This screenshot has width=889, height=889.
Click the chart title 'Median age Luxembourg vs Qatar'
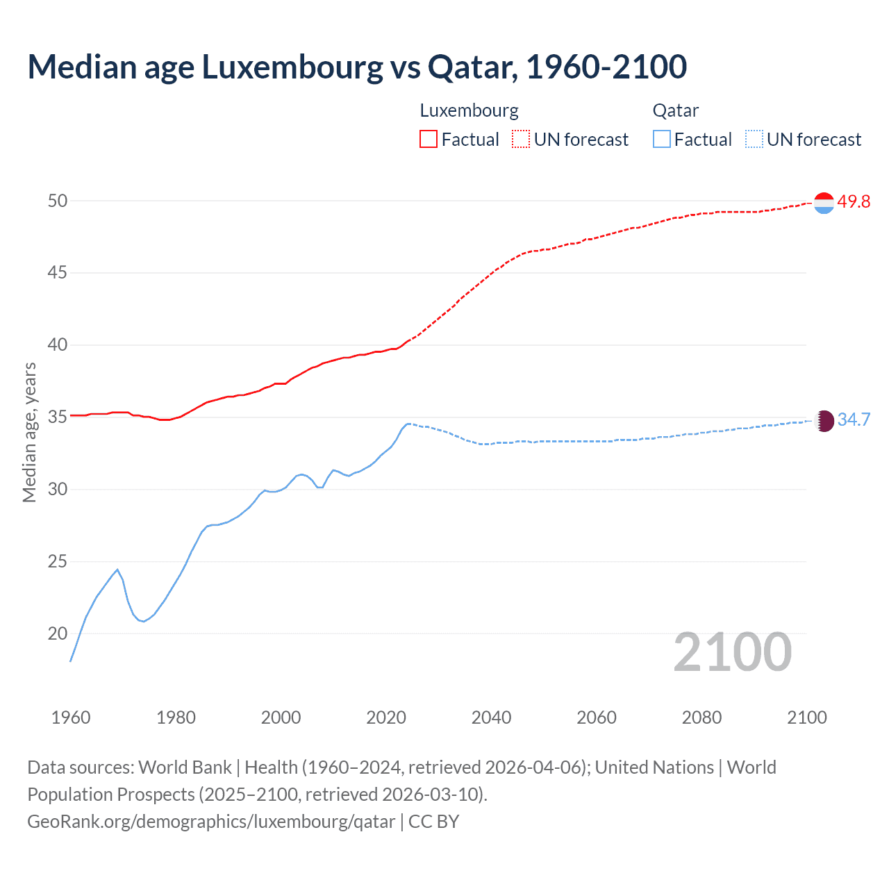tap(357, 67)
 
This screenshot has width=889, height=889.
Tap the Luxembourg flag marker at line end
tap(823, 203)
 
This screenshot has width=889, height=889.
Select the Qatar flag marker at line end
tap(823, 421)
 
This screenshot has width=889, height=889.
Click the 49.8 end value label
tap(854, 202)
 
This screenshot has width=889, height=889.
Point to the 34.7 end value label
tap(854, 420)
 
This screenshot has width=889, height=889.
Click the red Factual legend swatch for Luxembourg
tap(429, 140)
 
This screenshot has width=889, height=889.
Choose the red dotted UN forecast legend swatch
tap(521, 140)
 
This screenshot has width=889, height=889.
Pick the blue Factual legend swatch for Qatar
tap(662, 140)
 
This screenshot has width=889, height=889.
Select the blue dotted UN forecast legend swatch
tap(754, 140)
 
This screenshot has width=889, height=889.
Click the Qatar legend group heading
tap(675, 111)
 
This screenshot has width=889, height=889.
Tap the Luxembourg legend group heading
tap(469, 111)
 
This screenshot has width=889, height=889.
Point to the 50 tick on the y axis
tap(58, 201)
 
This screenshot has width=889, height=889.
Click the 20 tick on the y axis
tap(58, 633)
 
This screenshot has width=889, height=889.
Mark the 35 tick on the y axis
tap(58, 417)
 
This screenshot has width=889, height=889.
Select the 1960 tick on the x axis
tap(71, 717)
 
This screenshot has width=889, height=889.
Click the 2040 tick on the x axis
tap(491, 717)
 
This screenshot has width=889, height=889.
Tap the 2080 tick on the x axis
tap(701, 717)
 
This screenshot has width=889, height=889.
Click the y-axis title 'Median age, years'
tap(30, 432)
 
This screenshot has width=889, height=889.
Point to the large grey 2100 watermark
tap(732, 652)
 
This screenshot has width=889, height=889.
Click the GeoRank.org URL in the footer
tap(211, 822)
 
